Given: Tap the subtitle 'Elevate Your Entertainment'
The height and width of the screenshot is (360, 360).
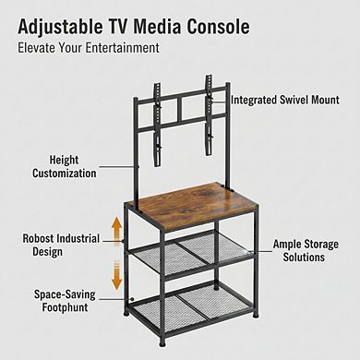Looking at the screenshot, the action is click(x=89, y=47).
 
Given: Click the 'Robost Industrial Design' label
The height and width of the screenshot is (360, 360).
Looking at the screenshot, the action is click(x=62, y=244).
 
